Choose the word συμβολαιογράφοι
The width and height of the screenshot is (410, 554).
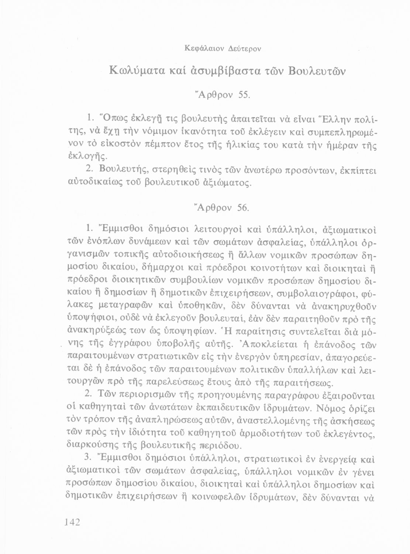315,294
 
